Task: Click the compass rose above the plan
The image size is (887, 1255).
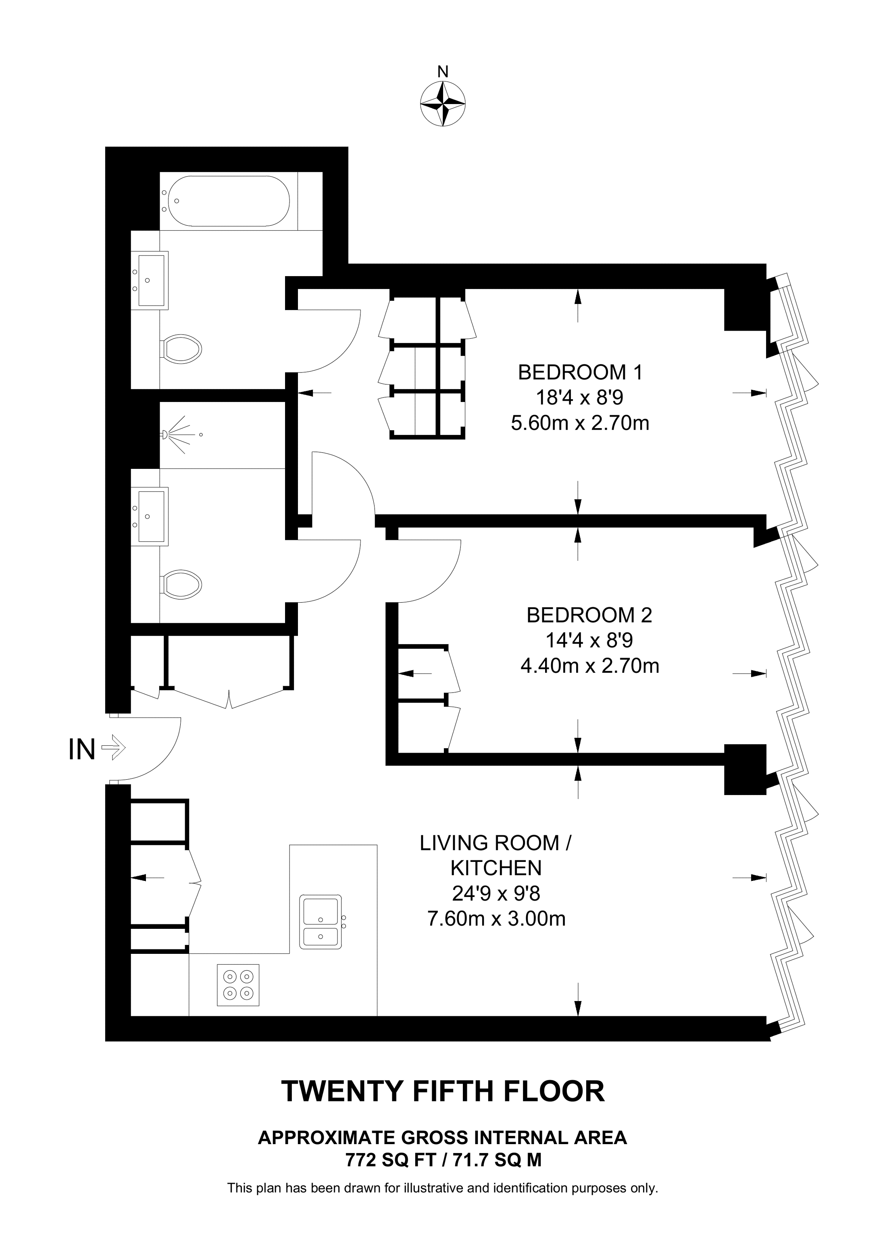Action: [443, 104]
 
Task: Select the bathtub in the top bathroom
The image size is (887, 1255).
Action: [229, 201]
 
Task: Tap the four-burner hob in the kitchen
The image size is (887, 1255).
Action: [238, 985]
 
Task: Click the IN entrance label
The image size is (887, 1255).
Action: [82, 749]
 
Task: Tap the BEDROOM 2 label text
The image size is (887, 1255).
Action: [589, 616]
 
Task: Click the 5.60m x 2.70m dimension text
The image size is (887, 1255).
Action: [580, 423]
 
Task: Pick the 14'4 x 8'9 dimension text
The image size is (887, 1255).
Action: [589, 641]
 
